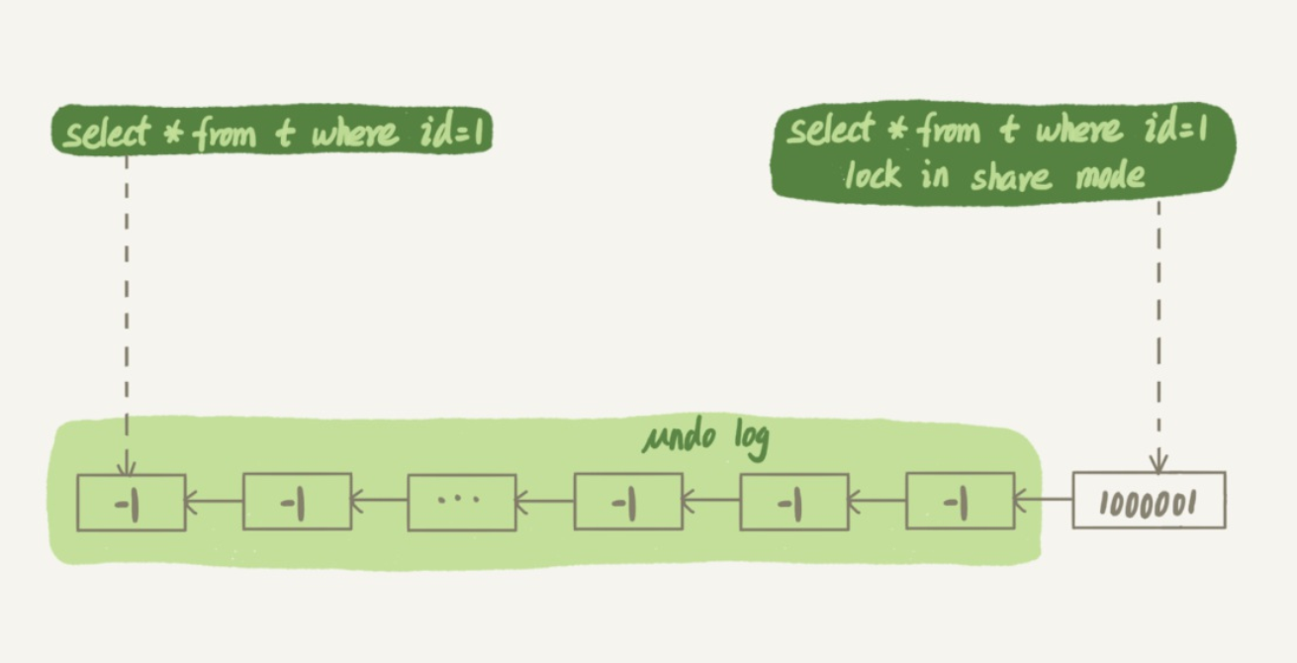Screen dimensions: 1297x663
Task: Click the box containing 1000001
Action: [1149, 501]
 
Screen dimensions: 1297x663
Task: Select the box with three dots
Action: [462, 503]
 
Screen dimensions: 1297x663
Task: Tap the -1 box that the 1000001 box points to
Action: [959, 503]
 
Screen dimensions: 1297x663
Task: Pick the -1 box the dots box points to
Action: [297, 503]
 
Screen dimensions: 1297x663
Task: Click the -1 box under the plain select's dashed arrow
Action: [131, 503]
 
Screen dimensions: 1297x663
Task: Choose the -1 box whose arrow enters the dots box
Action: [628, 503]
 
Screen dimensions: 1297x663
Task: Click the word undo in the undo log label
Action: [676, 437]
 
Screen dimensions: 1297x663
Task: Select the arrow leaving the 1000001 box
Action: [1044, 500]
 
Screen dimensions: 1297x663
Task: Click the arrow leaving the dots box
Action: [379, 502]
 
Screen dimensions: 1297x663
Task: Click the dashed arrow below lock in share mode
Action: [1158, 327]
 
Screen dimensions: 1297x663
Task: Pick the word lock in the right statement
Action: [874, 175]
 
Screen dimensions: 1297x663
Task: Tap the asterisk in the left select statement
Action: [173, 135]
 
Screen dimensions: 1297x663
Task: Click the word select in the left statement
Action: [106, 134]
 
